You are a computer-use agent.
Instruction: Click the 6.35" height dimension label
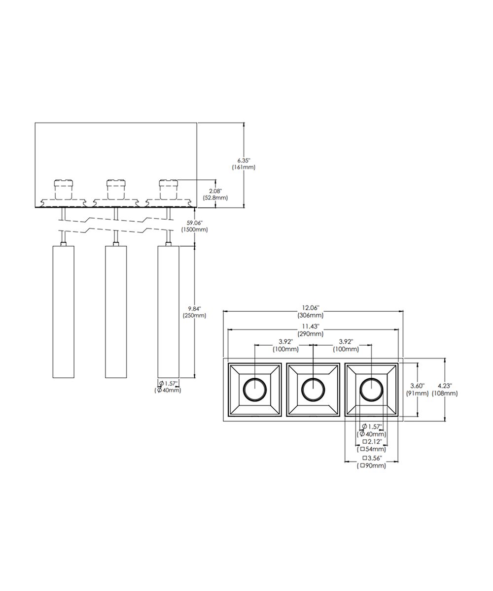point(244,161)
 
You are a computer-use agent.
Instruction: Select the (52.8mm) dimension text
point(215,198)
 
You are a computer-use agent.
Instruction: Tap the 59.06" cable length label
point(194,223)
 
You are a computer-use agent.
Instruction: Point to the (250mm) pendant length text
point(194,315)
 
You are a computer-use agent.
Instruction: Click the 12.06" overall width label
point(310,308)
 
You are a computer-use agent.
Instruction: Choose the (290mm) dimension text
point(310,334)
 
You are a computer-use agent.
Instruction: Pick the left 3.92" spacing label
point(285,342)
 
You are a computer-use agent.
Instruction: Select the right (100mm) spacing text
point(346,349)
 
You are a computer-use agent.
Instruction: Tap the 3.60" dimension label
point(417,386)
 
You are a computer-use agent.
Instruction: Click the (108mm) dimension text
point(445,393)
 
